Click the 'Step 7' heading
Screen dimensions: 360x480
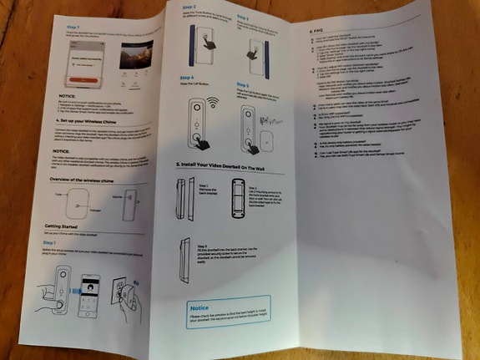[74, 28]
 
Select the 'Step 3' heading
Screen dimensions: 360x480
[244, 16]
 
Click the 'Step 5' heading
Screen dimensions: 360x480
[243, 84]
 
